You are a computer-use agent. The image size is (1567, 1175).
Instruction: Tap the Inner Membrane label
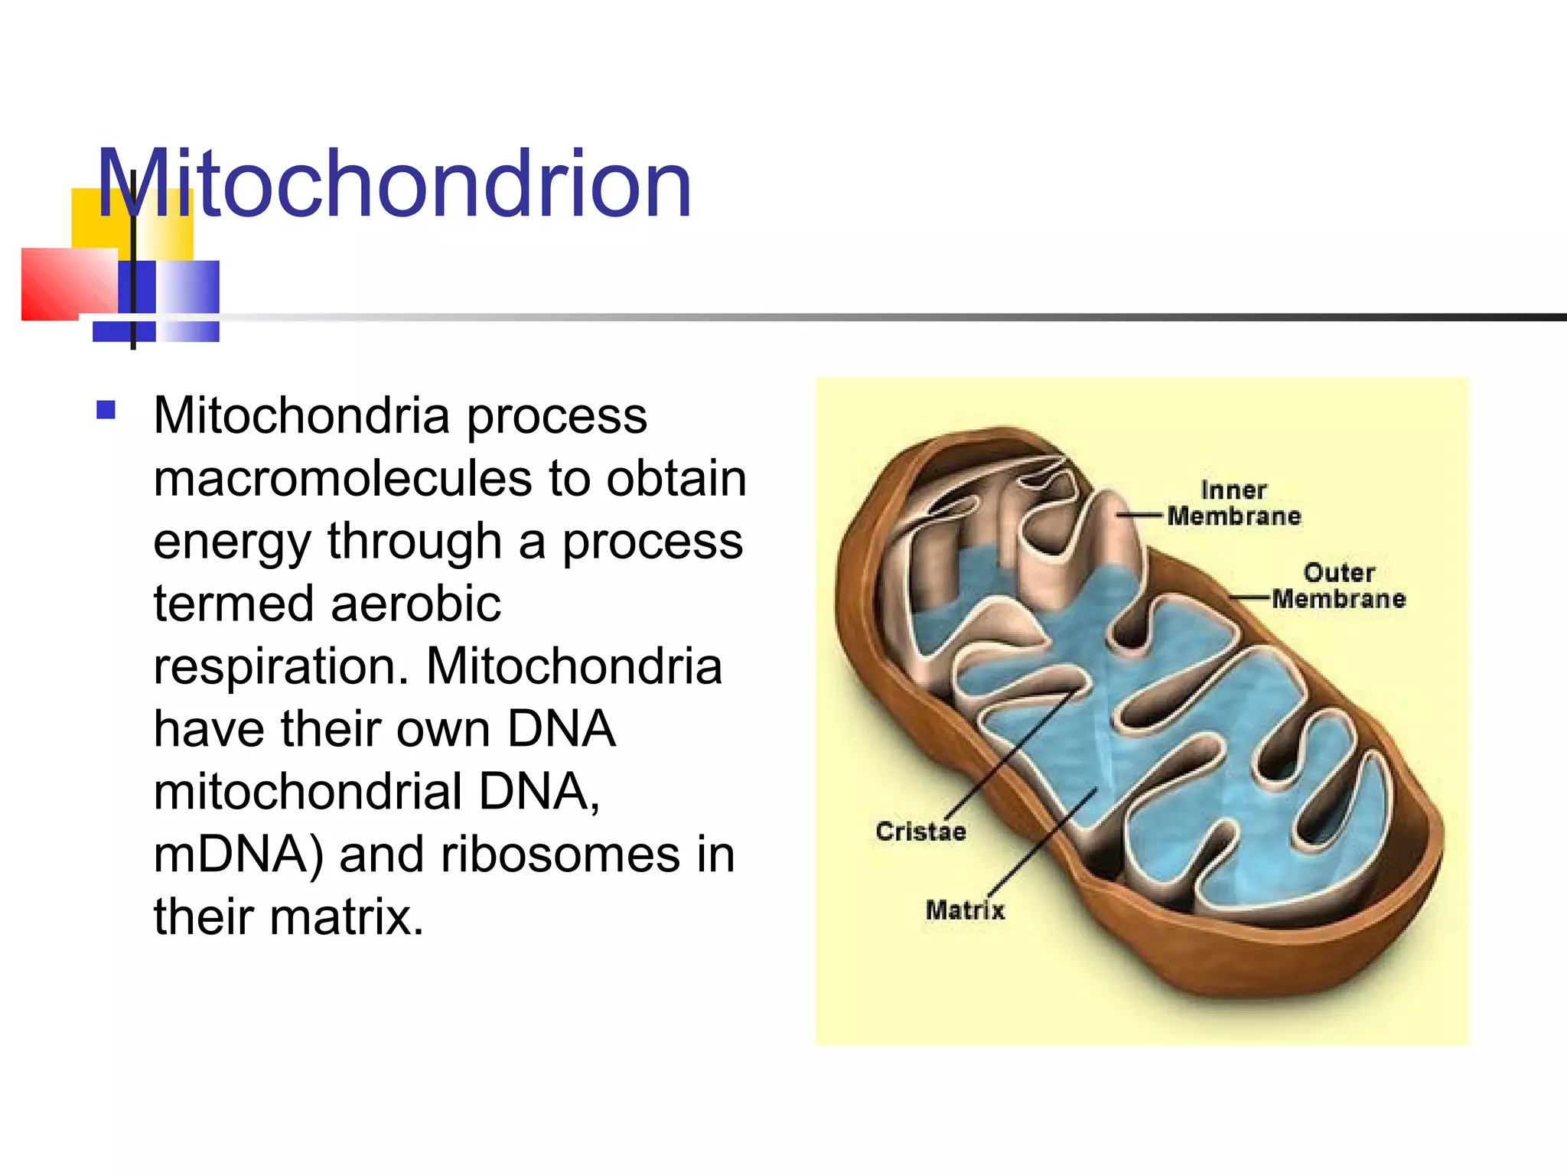[1233, 503]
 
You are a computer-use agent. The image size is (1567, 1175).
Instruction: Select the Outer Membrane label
[1338, 586]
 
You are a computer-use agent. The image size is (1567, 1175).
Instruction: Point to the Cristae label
[920, 832]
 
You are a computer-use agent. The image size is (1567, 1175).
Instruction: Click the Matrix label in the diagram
[964, 910]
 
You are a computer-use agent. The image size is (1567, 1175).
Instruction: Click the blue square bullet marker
[106, 411]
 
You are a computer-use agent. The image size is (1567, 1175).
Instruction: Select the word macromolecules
[342, 479]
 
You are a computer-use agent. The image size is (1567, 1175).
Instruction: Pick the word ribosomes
[560, 854]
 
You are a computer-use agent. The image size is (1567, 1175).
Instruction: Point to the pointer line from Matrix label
[1044, 841]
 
